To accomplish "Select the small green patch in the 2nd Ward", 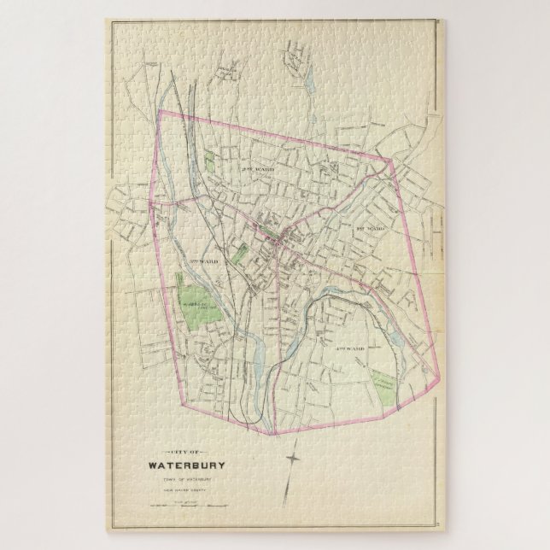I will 211,161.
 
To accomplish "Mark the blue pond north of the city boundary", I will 308,83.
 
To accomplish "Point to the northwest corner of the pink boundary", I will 161,111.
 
